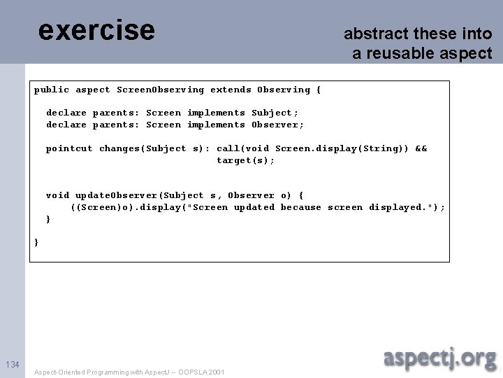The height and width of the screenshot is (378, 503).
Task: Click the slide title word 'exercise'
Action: point(96,30)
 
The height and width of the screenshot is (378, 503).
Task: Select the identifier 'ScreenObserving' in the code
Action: point(161,90)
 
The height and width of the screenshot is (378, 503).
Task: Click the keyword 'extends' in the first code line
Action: point(231,90)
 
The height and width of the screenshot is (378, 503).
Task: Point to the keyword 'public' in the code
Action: point(52,90)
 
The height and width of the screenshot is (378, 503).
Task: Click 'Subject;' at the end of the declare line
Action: point(275,113)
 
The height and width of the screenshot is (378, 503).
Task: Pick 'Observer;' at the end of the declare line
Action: point(277,125)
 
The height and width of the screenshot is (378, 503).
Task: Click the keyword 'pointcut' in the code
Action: point(69,148)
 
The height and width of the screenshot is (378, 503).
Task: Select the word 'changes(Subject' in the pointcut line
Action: point(143,148)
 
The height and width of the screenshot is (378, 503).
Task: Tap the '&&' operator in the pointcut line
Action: point(421,148)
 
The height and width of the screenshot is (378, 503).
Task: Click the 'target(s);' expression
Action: point(246,161)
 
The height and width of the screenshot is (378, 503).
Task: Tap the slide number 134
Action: point(13,364)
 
